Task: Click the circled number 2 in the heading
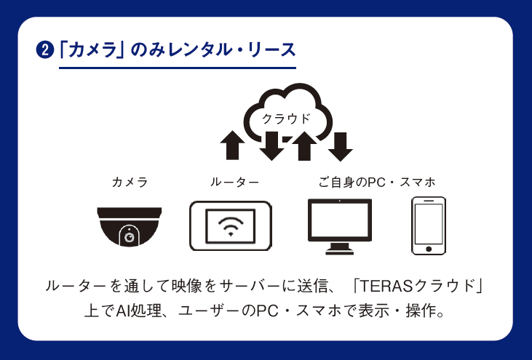point(45,50)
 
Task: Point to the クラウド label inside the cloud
point(286,119)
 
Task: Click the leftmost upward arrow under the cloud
point(232,145)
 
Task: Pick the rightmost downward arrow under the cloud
point(341,146)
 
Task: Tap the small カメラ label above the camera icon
point(130,182)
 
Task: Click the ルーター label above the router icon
point(235,182)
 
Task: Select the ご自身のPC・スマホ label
point(377,182)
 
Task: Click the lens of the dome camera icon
point(130,236)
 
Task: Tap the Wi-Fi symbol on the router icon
point(231,226)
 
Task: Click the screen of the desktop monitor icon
point(340,220)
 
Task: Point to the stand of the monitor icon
point(340,249)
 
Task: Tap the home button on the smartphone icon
point(429,249)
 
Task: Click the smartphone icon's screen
point(429,224)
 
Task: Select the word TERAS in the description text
point(386,286)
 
